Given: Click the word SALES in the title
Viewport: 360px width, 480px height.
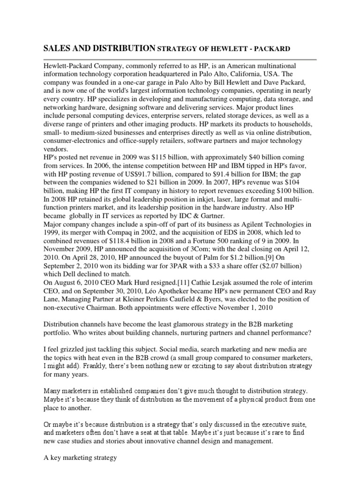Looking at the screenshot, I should tap(57, 48).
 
